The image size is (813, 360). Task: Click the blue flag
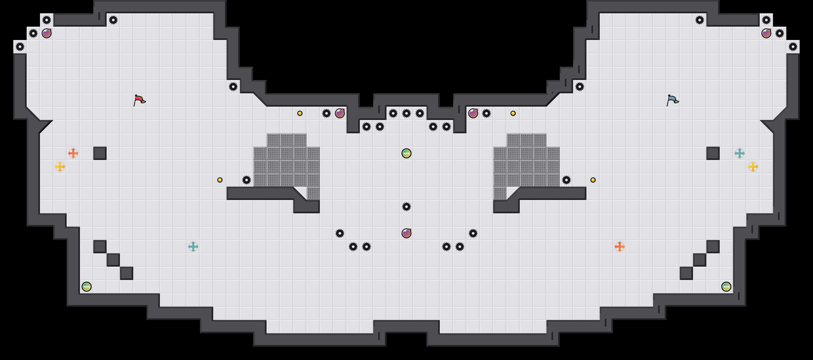pyautogui.click(x=672, y=100)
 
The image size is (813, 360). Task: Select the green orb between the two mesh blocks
pyautogui.click(x=406, y=153)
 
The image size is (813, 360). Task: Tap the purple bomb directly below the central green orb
pyautogui.click(x=406, y=233)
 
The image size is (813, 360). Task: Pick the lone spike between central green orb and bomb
pyautogui.click(x=406, y=207)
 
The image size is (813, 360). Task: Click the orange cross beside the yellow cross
pyautogui.click(x=73, y=153)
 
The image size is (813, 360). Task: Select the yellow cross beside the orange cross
pyautogui.click(x=60, y=167)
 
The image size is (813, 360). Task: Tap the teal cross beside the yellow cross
pyautogui.click(x=740, y=153)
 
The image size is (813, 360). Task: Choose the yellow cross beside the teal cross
pyautogui.click(x=753, y=167)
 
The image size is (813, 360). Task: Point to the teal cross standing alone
pyautogui.click(x=193, y=247)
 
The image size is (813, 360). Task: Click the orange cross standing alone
pyautogui.click(x=620, y=247)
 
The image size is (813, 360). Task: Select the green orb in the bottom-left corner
pyautogui.click(x=87, y=287)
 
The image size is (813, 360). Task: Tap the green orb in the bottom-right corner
pyautogui.click(x=726, y=287)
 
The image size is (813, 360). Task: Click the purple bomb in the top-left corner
pyautogui.click(x=47, y=33)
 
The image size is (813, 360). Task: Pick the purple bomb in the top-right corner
pyautogui.click(x=766, y=33)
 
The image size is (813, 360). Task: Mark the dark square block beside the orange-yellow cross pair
pyautogui.click(x=100, y=153)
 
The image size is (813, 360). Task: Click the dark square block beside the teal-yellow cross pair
pyautogui.click(x=713, y=153)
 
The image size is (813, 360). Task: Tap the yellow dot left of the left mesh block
pyautogui.click(x=220, y=180)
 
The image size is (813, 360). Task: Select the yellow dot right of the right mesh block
pyautogui.click(x=593, y=180)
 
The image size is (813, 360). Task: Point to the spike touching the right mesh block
pyautogui.click(x=566, y=180)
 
